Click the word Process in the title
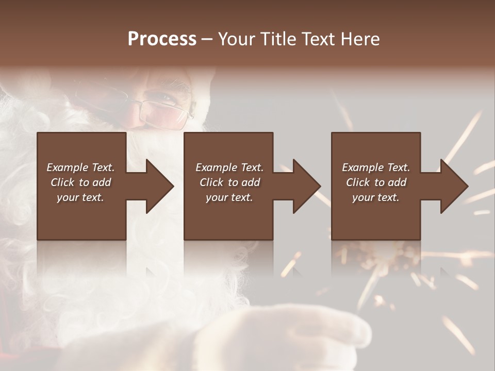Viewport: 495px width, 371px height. click(x=162, y=39)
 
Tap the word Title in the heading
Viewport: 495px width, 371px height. click(x=277, y=39)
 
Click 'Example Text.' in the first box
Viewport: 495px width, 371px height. click(x=80, y=167)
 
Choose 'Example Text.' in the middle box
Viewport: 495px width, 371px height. click(x=229, y=167)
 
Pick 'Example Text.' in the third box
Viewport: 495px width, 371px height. click(x=376, y=167)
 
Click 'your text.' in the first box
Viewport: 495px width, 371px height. click(x=80, y=197)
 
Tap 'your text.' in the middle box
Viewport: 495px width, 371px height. click(x=229, y=197)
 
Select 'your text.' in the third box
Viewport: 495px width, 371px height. click(x=376, y=197)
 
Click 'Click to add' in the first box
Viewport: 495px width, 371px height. click(x=80, y=182)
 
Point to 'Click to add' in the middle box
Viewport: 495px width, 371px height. click(x=229, y=182)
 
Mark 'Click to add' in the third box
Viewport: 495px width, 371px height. click(x=376, y=182)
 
